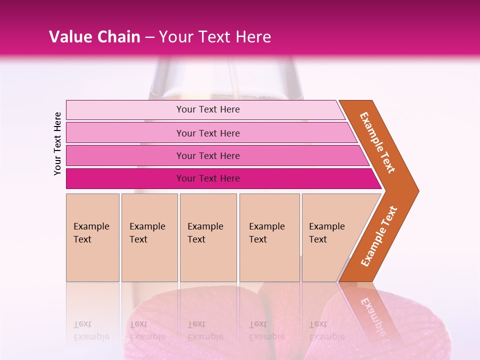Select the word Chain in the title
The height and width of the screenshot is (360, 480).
(119, 37)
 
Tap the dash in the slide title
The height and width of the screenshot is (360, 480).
(149, 37)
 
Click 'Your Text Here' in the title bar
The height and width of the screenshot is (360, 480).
(215, 37)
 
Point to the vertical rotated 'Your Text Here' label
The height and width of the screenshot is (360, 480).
(57, 143)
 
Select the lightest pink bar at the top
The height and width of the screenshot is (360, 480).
(205, 109)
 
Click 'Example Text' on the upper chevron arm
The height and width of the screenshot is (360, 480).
(377, 142)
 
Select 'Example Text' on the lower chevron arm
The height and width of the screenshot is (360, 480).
(379, 236)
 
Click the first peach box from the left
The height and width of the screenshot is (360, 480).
(92, 237)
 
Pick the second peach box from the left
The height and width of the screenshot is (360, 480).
(149, 237)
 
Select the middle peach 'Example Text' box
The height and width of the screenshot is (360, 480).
(208, 237)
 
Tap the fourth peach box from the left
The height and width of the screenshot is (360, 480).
(269, 237)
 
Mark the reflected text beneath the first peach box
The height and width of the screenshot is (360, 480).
(91, 330)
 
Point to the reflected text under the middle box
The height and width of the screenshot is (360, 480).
(205, 330)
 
